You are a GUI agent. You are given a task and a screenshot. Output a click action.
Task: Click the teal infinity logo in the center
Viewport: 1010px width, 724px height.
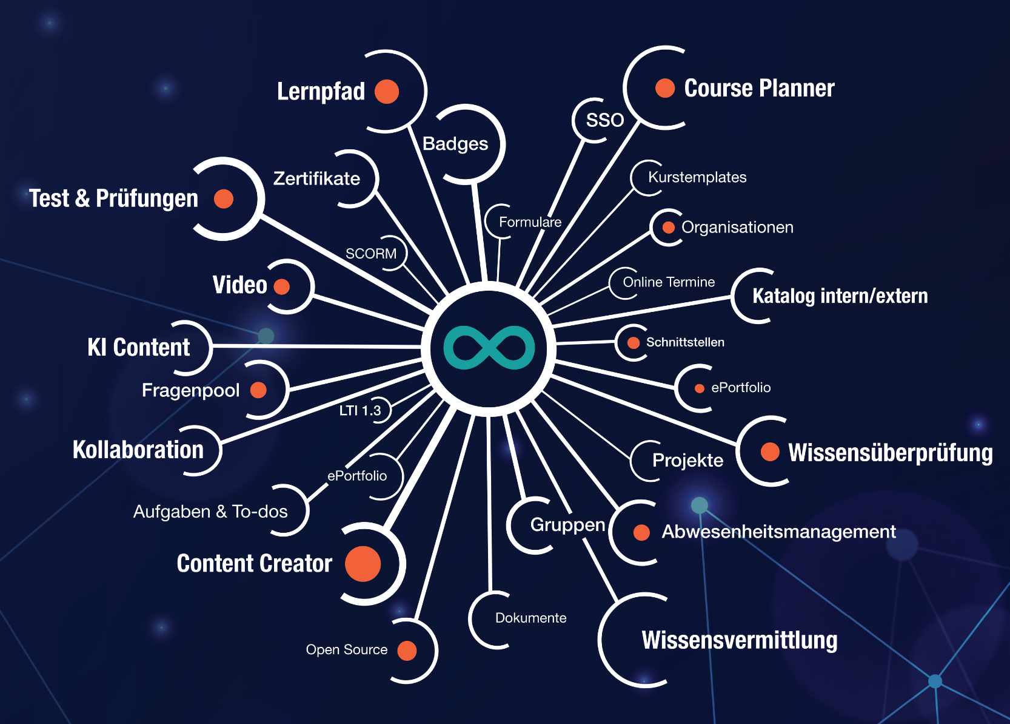coord(489,348)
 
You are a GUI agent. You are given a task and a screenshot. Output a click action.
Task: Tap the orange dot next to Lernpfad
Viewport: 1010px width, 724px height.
coord(386,92)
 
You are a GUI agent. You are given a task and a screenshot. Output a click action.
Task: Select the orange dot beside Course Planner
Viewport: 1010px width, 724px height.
coord(664,88)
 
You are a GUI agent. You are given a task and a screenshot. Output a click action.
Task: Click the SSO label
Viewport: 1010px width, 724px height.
coord(604,120)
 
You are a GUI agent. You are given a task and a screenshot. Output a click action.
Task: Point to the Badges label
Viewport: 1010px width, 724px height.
coord(455,144)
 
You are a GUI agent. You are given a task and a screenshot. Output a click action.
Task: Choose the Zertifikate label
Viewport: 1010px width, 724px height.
coord(316,179)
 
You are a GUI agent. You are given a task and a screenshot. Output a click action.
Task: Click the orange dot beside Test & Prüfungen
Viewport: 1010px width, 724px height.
coord(224,198)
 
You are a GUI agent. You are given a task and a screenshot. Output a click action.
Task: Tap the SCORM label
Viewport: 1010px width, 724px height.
coord(371,254)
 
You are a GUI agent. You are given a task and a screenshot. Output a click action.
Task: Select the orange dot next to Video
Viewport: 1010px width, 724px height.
coord(282,286)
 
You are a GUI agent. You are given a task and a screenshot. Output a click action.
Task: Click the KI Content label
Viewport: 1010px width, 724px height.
coord(138,347)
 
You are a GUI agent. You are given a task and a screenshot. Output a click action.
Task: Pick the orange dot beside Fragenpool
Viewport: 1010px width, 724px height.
coord(258,390)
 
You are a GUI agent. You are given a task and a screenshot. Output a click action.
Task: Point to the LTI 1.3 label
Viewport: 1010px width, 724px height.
coord(360,411)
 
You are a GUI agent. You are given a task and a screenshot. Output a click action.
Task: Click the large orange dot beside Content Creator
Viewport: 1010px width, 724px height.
coord(363,564)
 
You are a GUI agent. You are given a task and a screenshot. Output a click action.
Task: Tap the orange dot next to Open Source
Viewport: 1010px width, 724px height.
coord(407,651)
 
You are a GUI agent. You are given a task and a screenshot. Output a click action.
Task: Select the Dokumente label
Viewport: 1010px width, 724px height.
coord(530,618)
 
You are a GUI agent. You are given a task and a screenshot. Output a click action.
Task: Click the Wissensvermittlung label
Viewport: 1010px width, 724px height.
coord(740,640)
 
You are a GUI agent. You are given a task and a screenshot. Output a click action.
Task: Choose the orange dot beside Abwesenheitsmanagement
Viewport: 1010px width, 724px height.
coord(641,533)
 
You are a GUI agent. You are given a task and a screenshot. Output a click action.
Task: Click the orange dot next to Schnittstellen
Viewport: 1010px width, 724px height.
coord(633,343)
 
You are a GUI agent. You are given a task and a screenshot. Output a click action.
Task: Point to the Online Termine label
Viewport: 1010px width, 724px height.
coord(669,282)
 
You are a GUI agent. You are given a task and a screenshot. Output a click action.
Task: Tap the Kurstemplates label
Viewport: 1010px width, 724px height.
coord(697,177)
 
